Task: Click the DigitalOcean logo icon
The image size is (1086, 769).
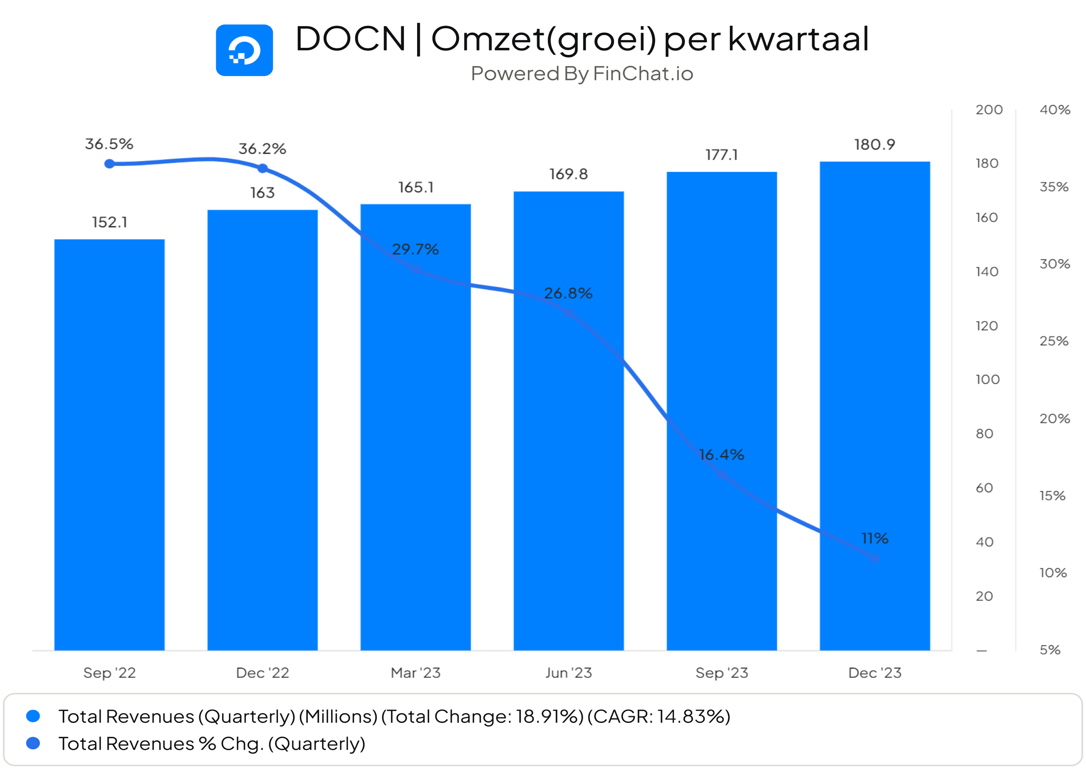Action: [x=244, y=50]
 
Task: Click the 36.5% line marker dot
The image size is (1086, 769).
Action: [x=109, y=164]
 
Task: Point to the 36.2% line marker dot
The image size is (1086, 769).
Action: [x=263, y=169]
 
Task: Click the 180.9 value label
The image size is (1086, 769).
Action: [x=874, y=145]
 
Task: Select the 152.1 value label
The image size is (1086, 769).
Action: [x=109, y=223]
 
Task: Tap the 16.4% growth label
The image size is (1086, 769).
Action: [x=721, y=455]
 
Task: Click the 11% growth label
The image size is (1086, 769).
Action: [x=875, y=538]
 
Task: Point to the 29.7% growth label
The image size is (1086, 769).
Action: [x=415, y=250]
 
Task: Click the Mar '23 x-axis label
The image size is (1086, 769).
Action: [x=415, y=673]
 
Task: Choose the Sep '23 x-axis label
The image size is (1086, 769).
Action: [x=722, y=673]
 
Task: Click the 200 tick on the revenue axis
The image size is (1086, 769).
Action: [x=989, y=110]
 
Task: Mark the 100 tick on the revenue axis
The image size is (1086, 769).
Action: [x=987, y=380]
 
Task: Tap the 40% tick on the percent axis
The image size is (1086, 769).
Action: [x=1055, y=110]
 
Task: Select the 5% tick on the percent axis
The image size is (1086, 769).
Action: [x=1050, y=650]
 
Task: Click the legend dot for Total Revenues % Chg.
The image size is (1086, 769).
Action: [x=33, y=743]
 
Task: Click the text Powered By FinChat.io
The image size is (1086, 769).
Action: [x=582, y=74]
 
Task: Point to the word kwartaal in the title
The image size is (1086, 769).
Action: [x=798, y=39]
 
